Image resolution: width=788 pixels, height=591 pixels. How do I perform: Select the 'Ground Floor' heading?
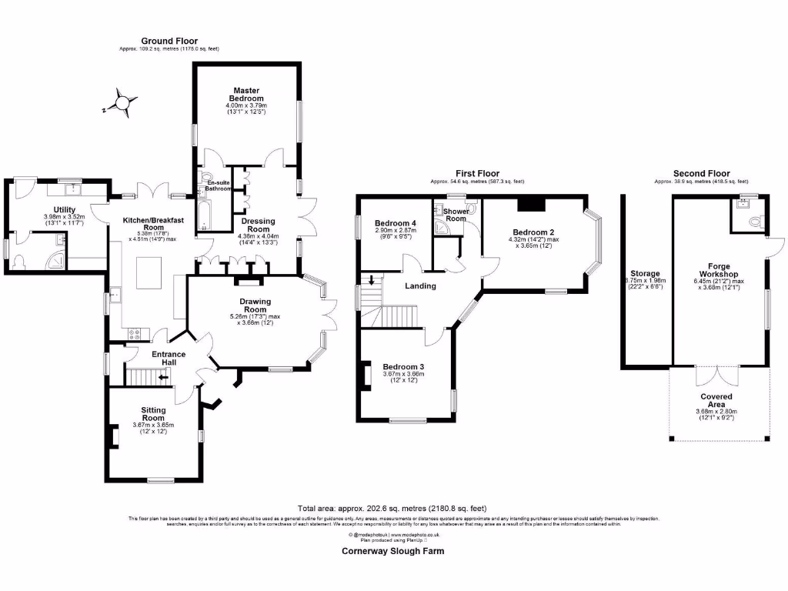click(x=169, y=41)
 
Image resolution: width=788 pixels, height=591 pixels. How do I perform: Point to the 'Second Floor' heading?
click(x=701, y=174)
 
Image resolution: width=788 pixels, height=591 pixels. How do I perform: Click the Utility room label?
click(x=65, y=209)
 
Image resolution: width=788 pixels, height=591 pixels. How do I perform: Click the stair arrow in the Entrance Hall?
click(x=162, y=377)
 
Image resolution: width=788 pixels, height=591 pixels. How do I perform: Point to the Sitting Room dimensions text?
click(x=153, y=429)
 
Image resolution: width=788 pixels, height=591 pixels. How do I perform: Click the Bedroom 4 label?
click(x=396, y=224)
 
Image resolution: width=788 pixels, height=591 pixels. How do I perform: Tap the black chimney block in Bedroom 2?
click(x=530, y=203)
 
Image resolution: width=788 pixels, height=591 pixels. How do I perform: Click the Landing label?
click(x=421, y=285)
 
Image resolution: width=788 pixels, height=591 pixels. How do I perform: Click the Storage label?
click(x=645, y=273)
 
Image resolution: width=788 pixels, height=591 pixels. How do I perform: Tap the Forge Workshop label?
click(x=719, y=270)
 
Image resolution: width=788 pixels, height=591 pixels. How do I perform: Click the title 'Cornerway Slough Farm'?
click(x=392, y=551)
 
